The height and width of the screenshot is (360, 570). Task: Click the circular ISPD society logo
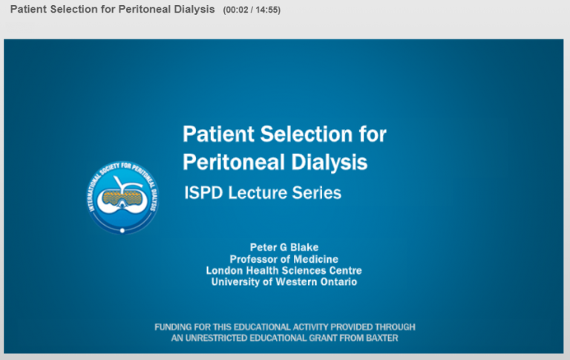pos(122,197)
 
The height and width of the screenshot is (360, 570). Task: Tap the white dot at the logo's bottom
pos(122,231)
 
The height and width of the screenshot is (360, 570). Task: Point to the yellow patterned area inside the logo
pos(122,198)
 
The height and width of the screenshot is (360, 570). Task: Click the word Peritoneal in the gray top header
pos(144,9)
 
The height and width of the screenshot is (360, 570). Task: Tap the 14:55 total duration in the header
pos(266,10)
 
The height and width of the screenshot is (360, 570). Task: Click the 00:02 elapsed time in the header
pos(237,10)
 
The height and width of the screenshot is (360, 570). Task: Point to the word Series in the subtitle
pos(317,193)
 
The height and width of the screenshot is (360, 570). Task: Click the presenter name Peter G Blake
pos(284,247)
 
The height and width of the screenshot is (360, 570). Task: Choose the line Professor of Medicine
pos(284,259)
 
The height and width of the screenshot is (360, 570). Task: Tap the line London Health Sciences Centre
pos(284,270)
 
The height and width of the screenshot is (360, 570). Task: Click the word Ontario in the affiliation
pos(338,282)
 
